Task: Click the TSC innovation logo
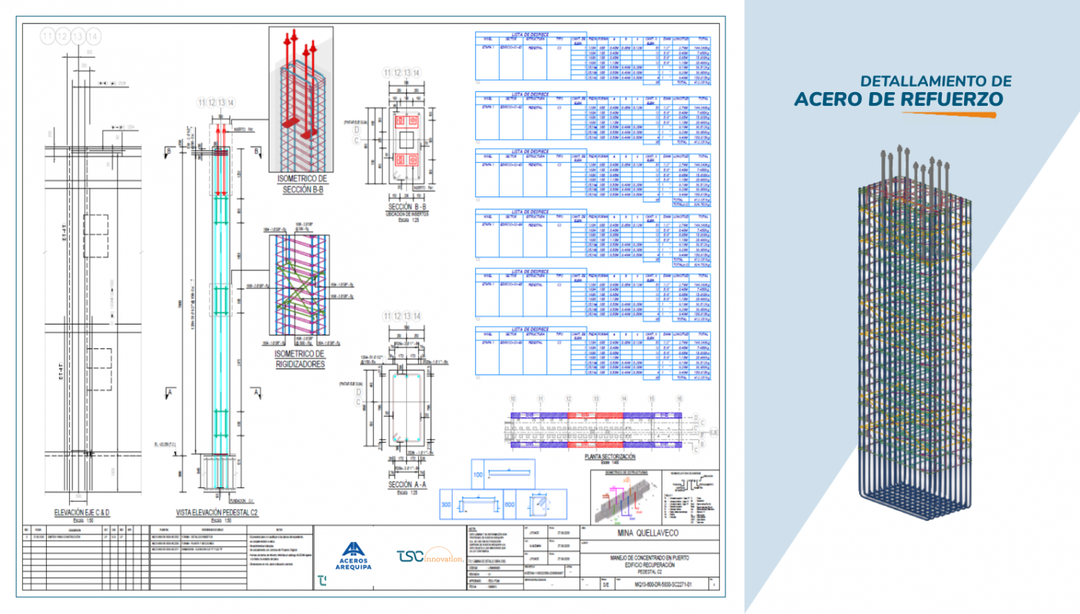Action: [431, 555]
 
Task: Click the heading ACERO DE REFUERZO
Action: [899, 99]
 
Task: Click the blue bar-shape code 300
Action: [446, 503]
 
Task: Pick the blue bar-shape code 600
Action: [508, 503]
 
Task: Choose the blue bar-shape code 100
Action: [478, 476]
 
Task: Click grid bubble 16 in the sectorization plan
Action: [679, 399]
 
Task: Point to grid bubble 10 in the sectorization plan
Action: [514, 399]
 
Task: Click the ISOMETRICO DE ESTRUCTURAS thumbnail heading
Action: [622, 473]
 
